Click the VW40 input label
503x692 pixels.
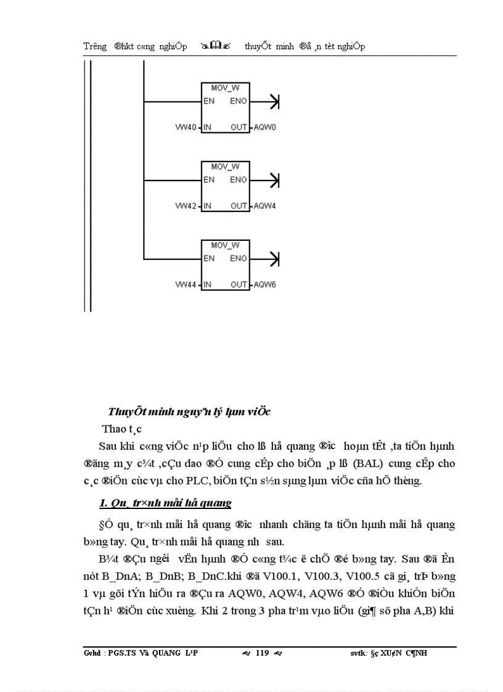click(187, 128)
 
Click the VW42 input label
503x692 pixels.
click(187, 206)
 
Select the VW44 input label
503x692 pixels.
click(187, 285)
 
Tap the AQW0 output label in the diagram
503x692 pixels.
click(264, 128)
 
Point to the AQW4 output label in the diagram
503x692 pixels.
click(264, 206)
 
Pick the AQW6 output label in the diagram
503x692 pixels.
click(264, 285)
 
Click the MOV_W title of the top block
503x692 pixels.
click(225, 88)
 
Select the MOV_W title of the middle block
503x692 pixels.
click(225, 166)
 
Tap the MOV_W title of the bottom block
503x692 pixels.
click(225, 245)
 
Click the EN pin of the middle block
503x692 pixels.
click(209, 180)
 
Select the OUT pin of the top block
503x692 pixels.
click(239, 128)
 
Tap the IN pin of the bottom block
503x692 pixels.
click(207, 285)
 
